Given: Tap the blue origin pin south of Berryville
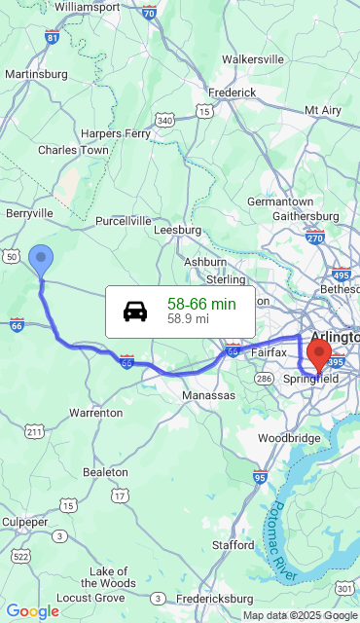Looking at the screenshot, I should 41,260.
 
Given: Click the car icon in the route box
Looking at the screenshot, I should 135,311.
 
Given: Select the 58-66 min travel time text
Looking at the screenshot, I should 201,304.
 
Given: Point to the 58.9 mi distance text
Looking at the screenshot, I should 188,318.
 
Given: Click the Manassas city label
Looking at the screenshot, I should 208,396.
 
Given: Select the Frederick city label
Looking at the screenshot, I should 232,92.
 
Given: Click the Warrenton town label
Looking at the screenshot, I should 95,413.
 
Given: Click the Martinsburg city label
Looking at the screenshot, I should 36,74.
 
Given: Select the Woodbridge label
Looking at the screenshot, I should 289,438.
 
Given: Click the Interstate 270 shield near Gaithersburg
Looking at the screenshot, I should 314,237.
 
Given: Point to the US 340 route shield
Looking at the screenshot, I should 164,120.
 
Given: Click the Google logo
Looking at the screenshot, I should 32,611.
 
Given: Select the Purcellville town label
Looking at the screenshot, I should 124,221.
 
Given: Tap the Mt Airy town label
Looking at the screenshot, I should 323,110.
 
